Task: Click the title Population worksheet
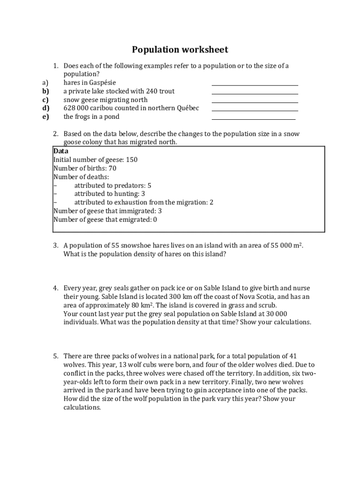click(x=180, y=50)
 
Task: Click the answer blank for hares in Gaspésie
click(x=255, y=85)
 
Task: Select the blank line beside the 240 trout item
click(x=255, y=93)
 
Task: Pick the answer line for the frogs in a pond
click(x=253, y=119)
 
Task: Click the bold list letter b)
click(x=45, y=91)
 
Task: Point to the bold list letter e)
click(x=45, y=117)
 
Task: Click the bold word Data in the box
click(x=61, y=151)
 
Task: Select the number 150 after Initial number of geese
click(x=131, y=160)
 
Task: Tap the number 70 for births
click(x=112, y=168)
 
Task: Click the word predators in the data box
click(x=126, y=186)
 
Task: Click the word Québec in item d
click(x=187, y=108)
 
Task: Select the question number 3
click(x=55, y=246)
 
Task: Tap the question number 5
click(x=55, y=356)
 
